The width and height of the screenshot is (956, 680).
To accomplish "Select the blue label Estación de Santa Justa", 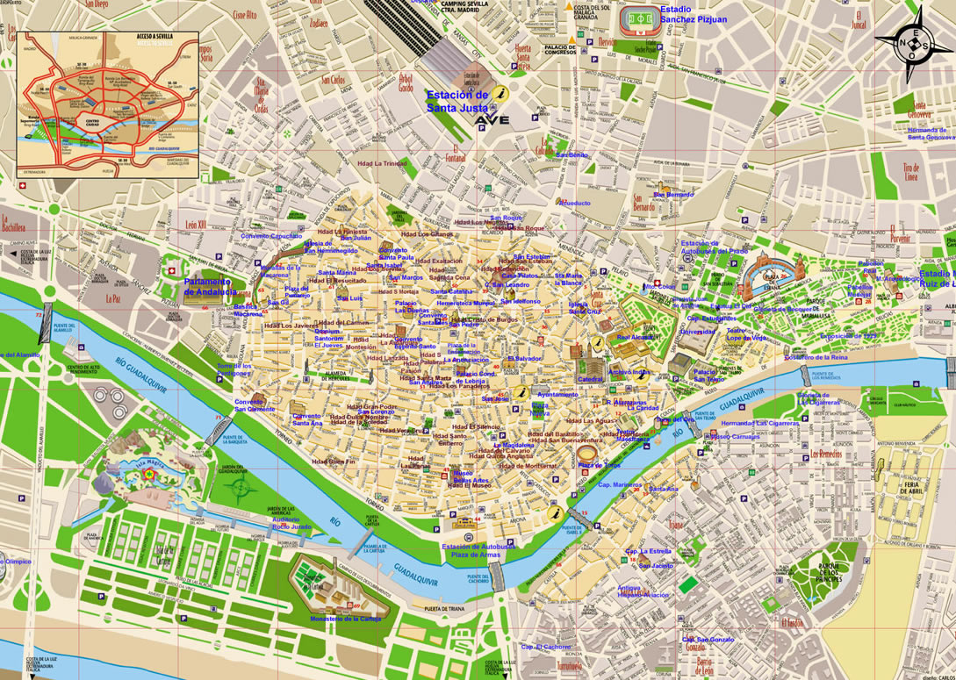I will [x=456, y=101].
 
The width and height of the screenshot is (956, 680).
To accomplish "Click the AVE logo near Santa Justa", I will [x=492, y=120].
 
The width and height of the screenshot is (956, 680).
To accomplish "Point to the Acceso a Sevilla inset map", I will [x=108, y=102].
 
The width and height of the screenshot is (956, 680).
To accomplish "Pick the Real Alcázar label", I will [x=636, y=337].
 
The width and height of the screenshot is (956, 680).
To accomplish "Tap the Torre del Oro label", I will [x=674, y=419].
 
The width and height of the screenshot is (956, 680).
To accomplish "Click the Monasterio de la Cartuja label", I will [x=344, y=619].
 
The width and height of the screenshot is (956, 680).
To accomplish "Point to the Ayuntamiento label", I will [x=557, y=395].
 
